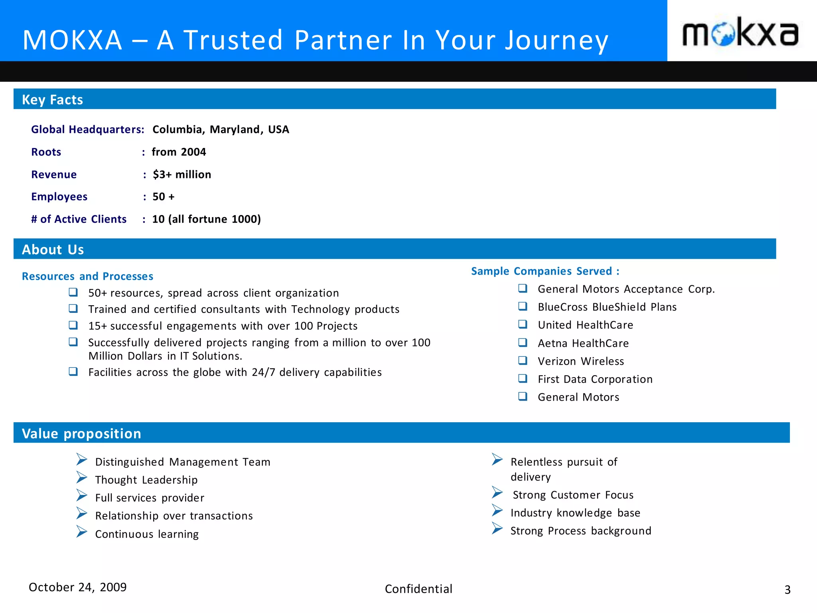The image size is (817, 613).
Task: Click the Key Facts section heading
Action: pyautogui.click(x=52, y=100)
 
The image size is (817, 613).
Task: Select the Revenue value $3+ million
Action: pyautogui.click(x=182, y=174)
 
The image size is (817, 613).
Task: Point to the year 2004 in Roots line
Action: pyautogui.click(x=193, y=152)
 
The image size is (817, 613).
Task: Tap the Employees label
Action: pyautogui.click(x=59, y=197)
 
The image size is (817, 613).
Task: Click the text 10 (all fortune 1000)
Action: pyautogui.click(x=206, y=219)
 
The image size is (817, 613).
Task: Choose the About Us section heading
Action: pyautogui.click(x=53, y=249)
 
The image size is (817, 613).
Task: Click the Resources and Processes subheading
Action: pyautogui.click(x=87, y=276)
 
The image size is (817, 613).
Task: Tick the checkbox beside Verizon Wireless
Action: pyautogui.click(x=523, y=361)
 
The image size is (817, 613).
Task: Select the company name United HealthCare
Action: pyautogui.click(x=585, y=325)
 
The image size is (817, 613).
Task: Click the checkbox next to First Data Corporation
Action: pyautogui.click(x=523, y=379)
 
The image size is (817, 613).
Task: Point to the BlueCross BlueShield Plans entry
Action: pyautogui.click(x=607, y=307)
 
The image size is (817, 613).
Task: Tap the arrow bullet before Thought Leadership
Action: pyautogui.click(x=82, y=477)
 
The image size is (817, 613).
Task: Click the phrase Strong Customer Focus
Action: pyautogui.click(x=573, y=495)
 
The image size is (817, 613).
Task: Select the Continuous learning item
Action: pyautogui.click(x=147, y=534)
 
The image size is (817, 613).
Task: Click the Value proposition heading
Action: pyautogui.click(x=81, y=433)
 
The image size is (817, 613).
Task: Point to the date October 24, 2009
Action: pyautogui.click(x=77, y=587)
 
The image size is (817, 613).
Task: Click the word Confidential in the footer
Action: pyautogui.click(x=418, y=589)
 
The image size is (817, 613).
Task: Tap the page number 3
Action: pyautogui.click(x=787, y=590)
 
